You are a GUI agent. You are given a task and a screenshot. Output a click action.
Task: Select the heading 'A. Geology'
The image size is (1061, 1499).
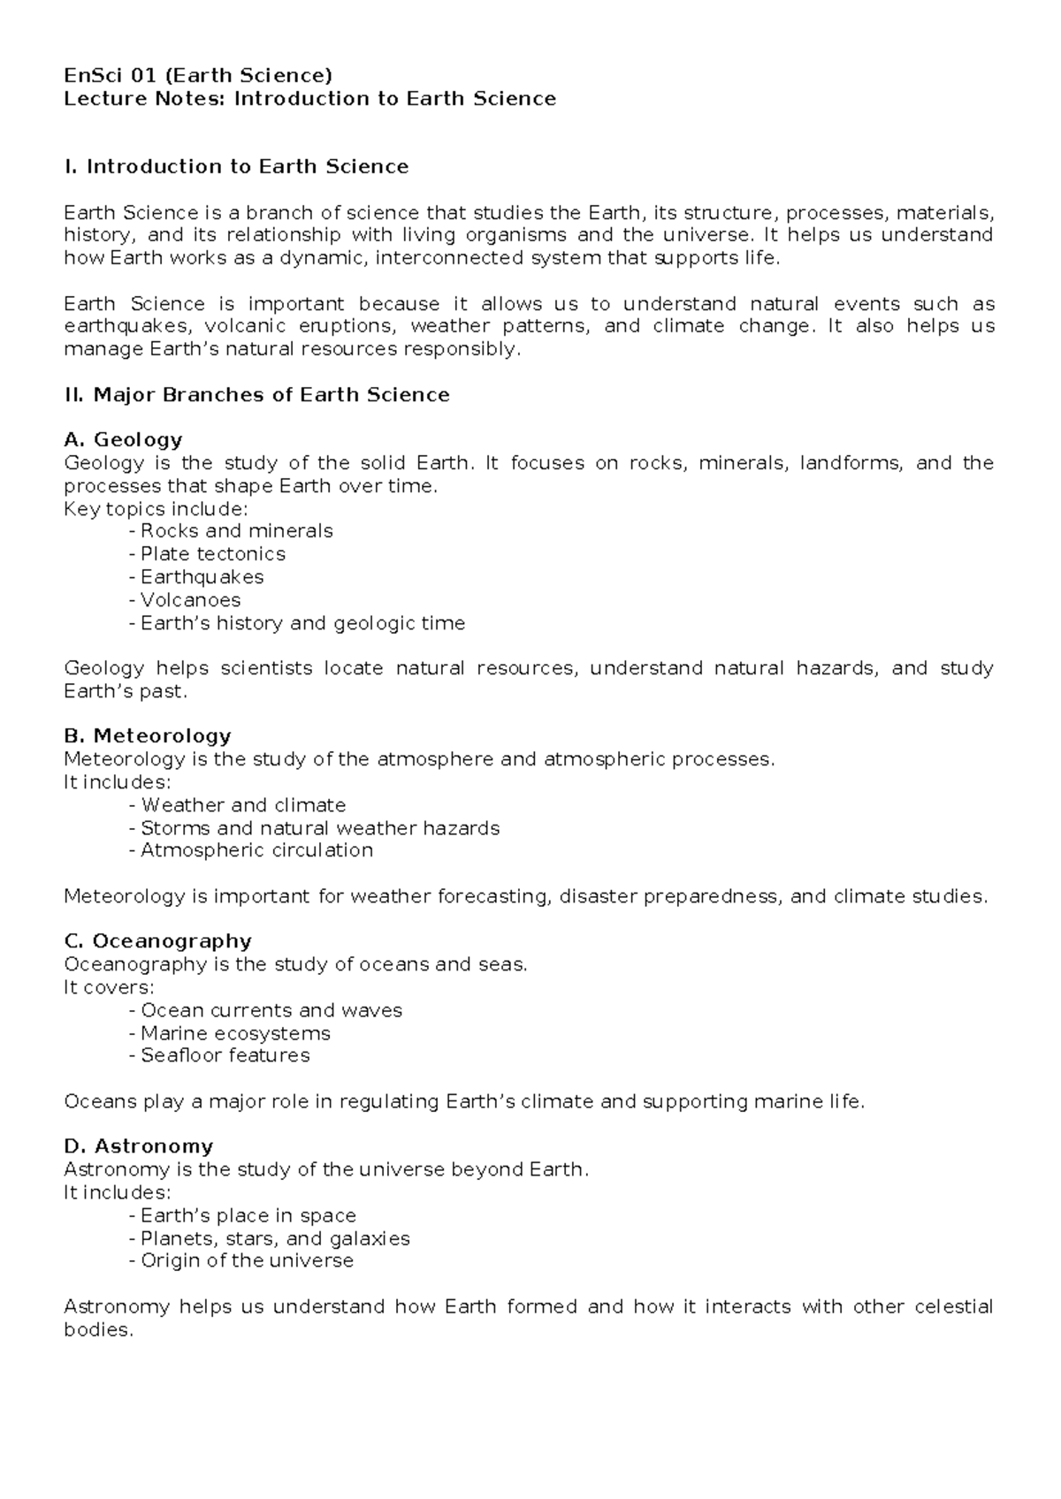coord(123,439)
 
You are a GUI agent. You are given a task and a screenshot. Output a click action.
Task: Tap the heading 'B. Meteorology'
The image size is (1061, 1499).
coord(148,735)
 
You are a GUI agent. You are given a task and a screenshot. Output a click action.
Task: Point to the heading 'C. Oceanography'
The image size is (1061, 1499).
coord(158,940)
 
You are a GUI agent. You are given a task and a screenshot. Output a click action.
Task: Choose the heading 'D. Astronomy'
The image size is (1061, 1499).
coord(139,1146)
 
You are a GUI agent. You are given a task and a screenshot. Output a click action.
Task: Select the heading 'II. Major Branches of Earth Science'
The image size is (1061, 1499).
coord(257,395)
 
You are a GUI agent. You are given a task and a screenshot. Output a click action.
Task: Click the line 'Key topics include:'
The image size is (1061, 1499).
coord(156,509)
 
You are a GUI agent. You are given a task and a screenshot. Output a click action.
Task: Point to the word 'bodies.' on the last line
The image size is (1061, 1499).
coord(98,1329)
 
